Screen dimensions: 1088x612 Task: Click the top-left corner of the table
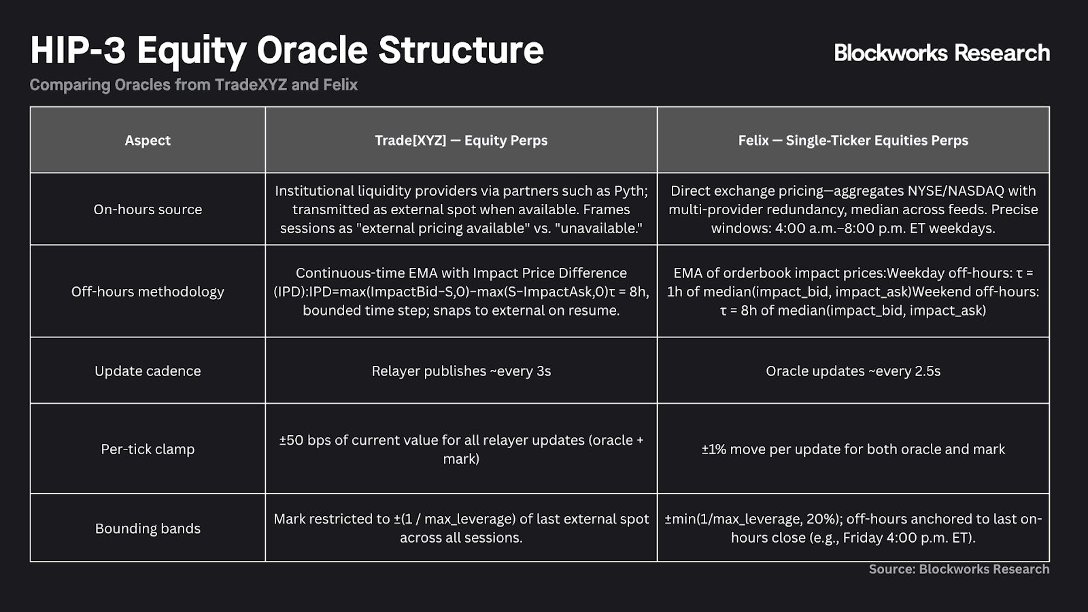coord(30,107)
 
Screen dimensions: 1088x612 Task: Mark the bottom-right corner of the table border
coord(1049,562)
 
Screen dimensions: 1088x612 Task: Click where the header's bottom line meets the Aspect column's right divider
coord(265,173)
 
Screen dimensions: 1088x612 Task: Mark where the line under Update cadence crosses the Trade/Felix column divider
coord(657,403)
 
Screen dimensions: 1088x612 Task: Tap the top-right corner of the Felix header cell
coord(1049,107)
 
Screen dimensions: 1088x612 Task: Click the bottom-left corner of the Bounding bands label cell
coord(30,562)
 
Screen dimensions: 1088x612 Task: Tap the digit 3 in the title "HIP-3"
coord(114,50)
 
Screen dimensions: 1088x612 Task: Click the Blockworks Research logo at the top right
coord(942,52)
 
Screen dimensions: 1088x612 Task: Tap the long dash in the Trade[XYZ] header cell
coord(455,140)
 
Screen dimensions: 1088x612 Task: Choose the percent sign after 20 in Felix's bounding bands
coord(832,520)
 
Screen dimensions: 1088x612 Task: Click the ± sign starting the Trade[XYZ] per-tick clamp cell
coord(284,440)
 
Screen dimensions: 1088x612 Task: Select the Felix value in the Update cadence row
coord(853,371)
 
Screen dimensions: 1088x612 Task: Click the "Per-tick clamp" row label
coord(148,449)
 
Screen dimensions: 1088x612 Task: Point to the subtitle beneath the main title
coord(194,85)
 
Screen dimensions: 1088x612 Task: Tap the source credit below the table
coord(959,569)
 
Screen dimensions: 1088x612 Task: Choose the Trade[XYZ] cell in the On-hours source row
coord(461,209)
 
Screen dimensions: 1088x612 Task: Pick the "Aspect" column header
coord(148,140)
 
